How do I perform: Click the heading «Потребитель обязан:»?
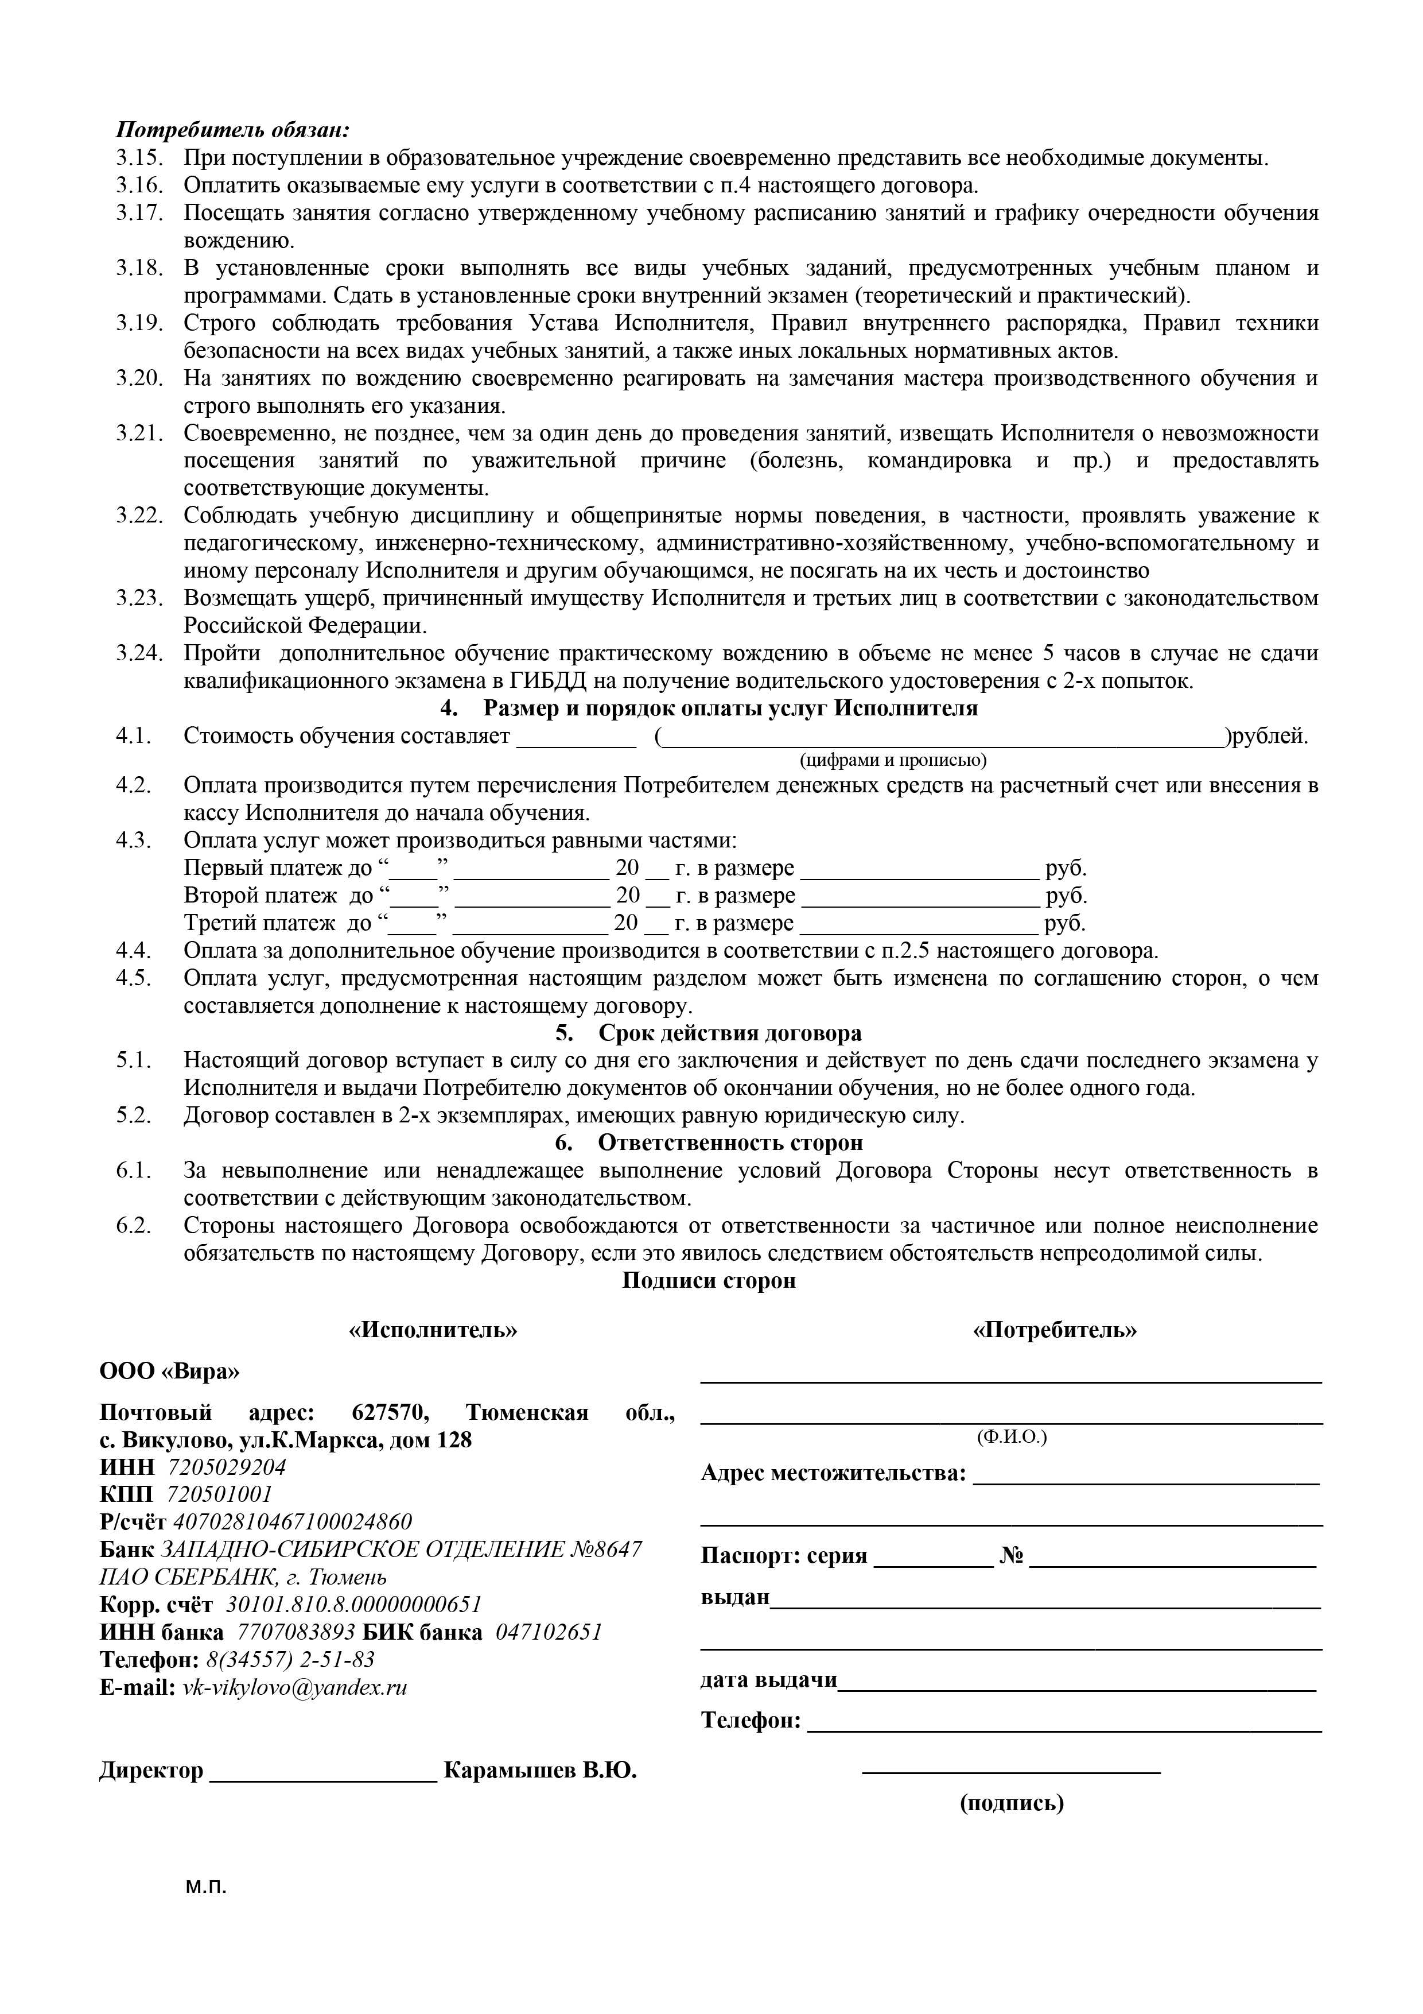[x=232, y=130]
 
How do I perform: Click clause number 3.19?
[x=139, y=323]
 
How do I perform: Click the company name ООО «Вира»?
[x=169, y=1370]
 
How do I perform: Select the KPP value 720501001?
[x=219, y=1494]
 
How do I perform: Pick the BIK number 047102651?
[x=549, y=1632]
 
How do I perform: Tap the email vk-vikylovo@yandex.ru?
[x=294, y=1687]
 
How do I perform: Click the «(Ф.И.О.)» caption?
[x=1011, y=1437]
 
